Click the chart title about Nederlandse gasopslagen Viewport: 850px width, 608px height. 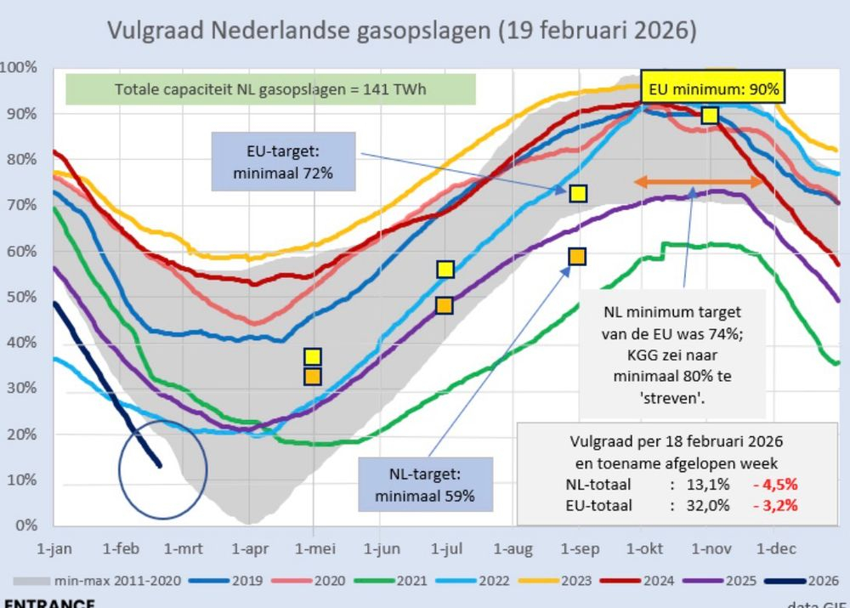pos(401,31)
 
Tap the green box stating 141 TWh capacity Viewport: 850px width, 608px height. pos(270,89)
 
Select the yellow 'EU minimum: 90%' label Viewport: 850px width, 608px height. pos(713,88)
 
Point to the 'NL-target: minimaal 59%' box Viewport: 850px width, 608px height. pos(425,485)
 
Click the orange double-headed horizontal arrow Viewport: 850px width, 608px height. pos(699,182)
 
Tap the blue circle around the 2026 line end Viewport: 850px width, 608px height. pos(162,469)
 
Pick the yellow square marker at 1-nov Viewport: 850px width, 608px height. pos(710,115)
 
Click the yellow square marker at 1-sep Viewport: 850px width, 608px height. pos(578,194)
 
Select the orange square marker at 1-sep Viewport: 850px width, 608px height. pos(577,256)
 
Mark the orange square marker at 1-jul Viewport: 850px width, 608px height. pos(444,305)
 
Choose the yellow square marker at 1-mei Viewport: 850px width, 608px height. pos(313,357)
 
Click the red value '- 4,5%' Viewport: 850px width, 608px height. pos(773,486)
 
